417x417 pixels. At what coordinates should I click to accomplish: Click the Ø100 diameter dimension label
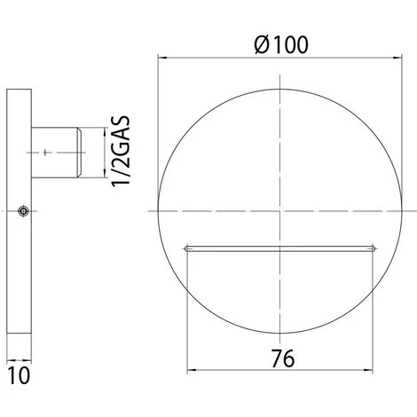(x=281, y=45)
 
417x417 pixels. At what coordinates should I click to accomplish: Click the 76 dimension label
(x=283, y=358)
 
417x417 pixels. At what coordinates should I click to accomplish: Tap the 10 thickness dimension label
(x=19, y=375)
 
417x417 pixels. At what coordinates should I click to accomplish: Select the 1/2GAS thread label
(x=121, y=151)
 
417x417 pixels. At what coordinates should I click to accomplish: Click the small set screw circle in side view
(x=23, y=211)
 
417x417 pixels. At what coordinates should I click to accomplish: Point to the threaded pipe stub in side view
(x=57, y=153)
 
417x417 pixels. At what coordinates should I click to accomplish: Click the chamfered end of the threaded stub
(x=80, y=153)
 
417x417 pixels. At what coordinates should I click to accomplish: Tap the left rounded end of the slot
(x=186, y=248)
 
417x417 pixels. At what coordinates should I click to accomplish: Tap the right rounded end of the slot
(x=374, y=248)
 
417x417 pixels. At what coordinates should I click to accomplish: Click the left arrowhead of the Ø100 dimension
(x=161, y=58)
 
